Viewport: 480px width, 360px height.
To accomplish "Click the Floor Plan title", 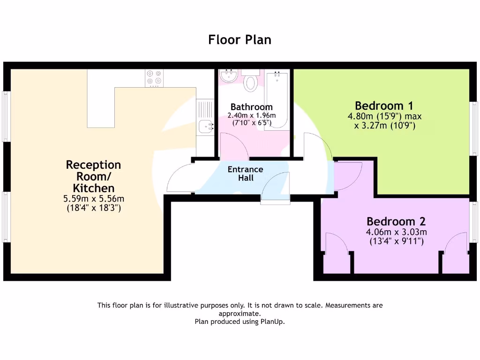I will coord(240,40).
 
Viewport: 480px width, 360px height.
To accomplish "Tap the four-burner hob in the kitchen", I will coord(155,79).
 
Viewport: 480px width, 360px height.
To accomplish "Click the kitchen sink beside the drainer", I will coord(205,126).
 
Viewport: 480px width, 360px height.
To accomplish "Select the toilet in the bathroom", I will coord(251,82).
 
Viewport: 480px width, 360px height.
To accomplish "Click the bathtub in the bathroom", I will coord(276,99).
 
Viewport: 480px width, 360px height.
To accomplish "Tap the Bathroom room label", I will coord(251,107).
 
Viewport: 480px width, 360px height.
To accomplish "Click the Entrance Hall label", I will coord(245,173).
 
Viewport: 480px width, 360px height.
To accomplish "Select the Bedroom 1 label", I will coord(384,105).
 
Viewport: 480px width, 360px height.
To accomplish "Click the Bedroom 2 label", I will coord(396,221).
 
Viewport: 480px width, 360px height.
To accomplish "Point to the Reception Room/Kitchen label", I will coord(93,176).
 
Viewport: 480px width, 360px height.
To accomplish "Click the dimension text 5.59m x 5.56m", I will coord(93,199).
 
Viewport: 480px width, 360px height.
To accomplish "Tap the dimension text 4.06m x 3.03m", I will coord(396,232).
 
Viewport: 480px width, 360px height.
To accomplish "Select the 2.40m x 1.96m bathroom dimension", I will coord(251,115).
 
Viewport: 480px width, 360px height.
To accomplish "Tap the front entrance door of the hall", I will coord(276,187).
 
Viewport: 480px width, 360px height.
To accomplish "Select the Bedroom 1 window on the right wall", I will coord(474,127).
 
